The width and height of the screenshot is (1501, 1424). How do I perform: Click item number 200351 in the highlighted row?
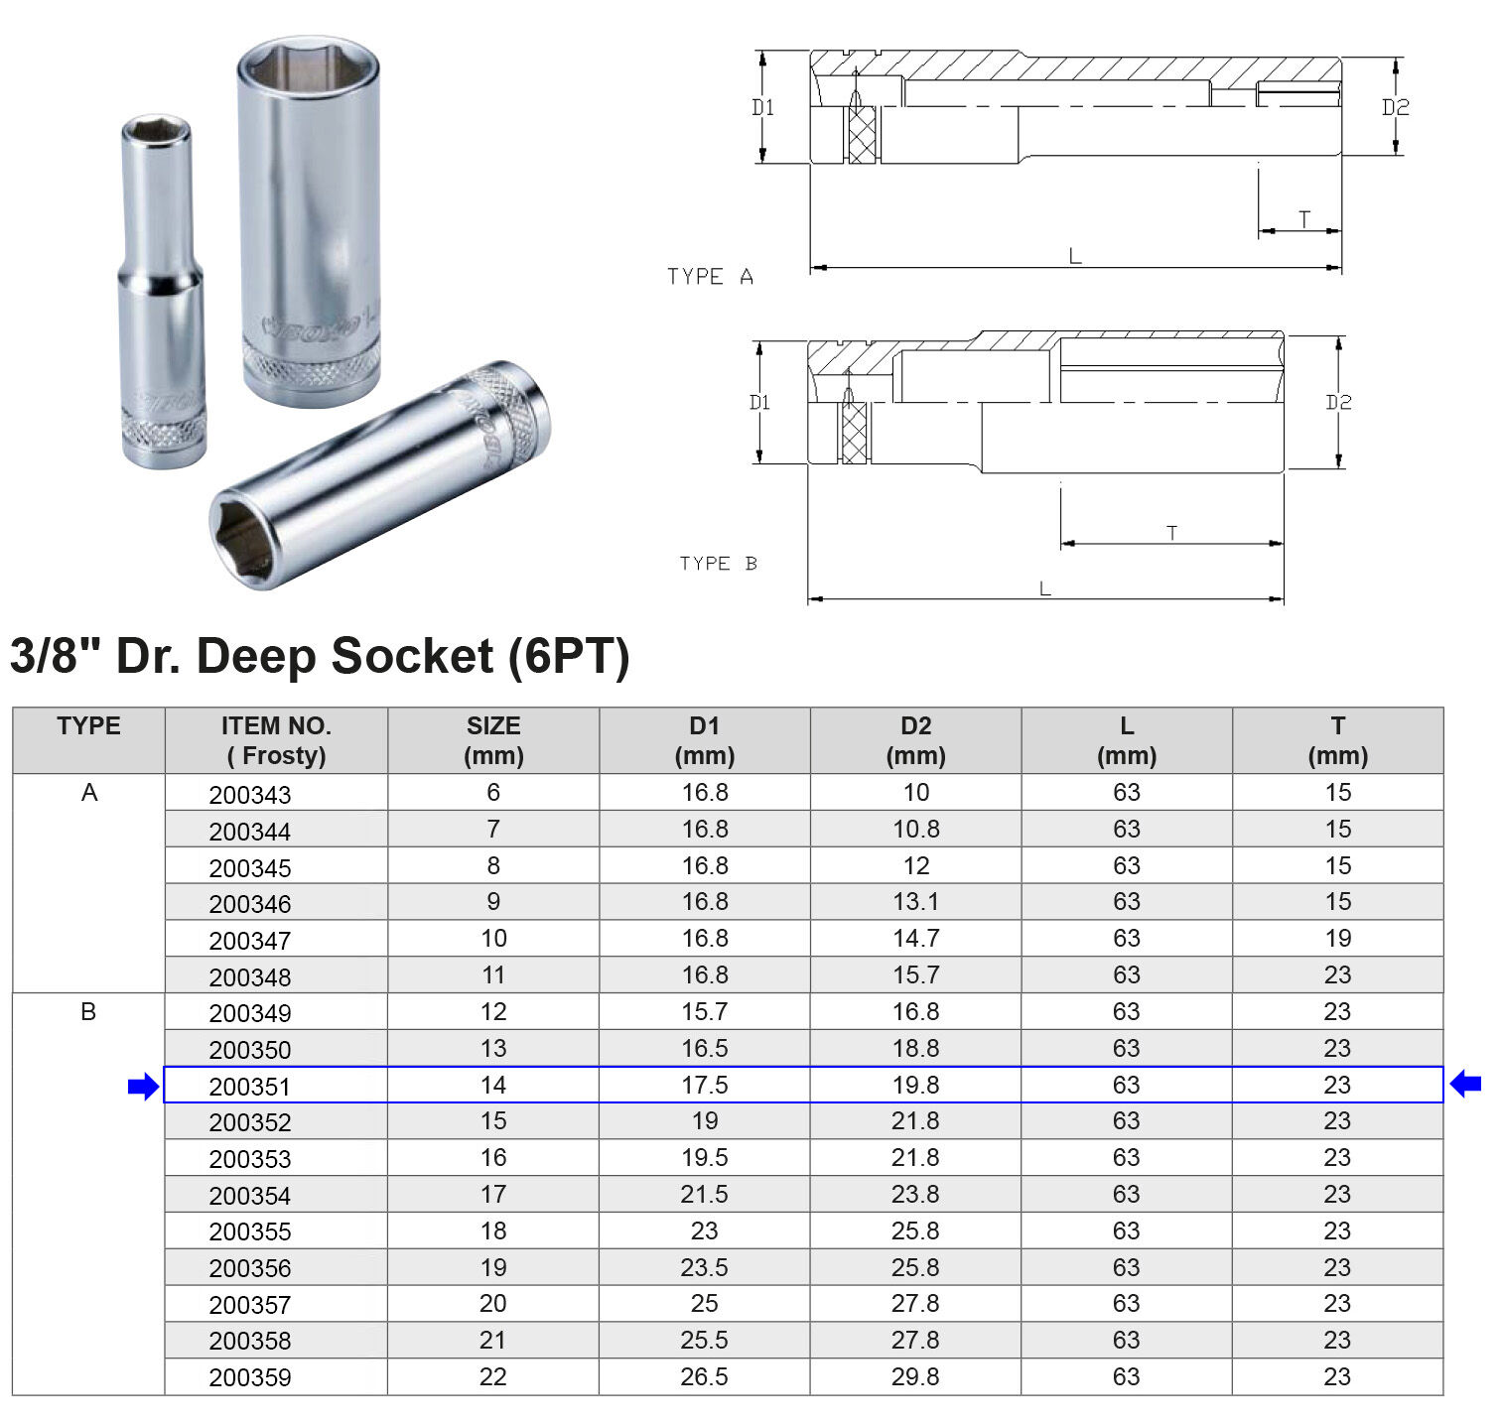click(250, 1087)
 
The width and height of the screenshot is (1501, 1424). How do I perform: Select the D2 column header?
click(915, 740)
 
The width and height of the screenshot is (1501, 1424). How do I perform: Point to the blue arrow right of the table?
click(1465, 1085)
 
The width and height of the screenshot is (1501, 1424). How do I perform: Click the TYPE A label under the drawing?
click(711, 277)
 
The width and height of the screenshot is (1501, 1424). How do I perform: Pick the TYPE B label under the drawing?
click(718, 564)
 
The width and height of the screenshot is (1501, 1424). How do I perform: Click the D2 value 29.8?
click(915, 1376)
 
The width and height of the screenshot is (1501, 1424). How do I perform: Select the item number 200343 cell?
click(250, 795)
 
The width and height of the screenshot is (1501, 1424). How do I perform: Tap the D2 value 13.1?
click(915, 902)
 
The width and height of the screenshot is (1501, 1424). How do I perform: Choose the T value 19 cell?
click(1337, 939)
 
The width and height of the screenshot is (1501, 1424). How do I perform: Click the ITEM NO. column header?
click(276, 740)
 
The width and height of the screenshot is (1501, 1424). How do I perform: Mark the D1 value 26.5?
click(704, 1376)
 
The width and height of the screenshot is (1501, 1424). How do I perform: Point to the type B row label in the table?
click(88, 1012)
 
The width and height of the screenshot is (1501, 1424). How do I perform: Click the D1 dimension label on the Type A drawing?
click(762, 107)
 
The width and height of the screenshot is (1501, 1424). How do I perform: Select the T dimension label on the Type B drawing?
click(1172, 533)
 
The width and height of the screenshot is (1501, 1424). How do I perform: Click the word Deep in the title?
click(258, 656)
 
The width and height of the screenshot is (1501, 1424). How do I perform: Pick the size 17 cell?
click(493, 1194)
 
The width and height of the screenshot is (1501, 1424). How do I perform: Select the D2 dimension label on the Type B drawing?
click(1338, 402)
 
